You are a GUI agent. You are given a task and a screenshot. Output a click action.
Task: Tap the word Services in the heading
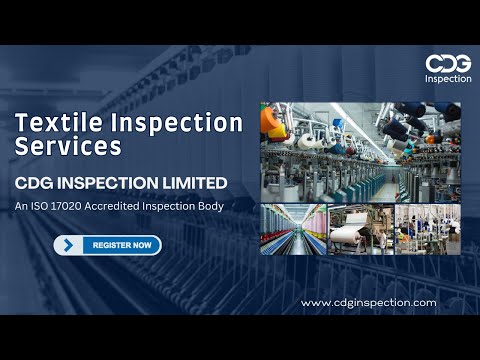(x=68, y=147)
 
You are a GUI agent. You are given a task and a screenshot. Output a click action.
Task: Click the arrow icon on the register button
(x=69, y=244)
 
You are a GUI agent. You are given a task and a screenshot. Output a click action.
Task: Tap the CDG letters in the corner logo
(x=447, y=63)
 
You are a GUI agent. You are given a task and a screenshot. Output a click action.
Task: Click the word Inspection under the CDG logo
(x=447, y=79)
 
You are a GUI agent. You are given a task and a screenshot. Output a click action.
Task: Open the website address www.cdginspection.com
(x=368, y=302)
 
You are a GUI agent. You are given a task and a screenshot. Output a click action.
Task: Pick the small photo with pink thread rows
(x=292, y=230)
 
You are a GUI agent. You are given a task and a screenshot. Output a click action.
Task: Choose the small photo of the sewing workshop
(x=427, y=230)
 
